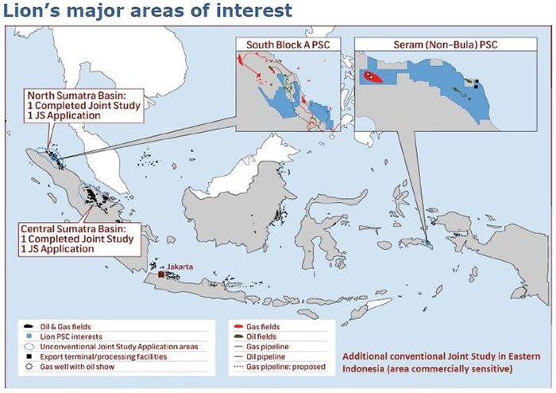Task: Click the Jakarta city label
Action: (x=180, y=267)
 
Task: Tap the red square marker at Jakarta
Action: (x=161, y=274)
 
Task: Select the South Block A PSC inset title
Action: (x=288, y=45)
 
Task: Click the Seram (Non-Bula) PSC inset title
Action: (x=446, y=45)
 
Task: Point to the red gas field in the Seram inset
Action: (x=372, y=76)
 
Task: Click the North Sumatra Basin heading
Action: (x=77, y=95)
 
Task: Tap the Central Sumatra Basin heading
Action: (x=73, y=229)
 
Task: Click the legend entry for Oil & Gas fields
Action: (x=65, y=327)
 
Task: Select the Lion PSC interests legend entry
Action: (x=71, y=337)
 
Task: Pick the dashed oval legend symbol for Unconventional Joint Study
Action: (x=29, y=347)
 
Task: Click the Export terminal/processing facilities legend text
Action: (x=103, y=356)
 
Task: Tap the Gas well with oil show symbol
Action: (x=29, y=367)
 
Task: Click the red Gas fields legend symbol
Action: (x=238, y=327)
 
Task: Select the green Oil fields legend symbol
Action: (x=238, y=337)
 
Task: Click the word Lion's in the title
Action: (x=31, y=10)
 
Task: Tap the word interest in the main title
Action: (x=254, y=10)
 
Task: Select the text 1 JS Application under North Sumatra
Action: (x=64, y=115)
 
